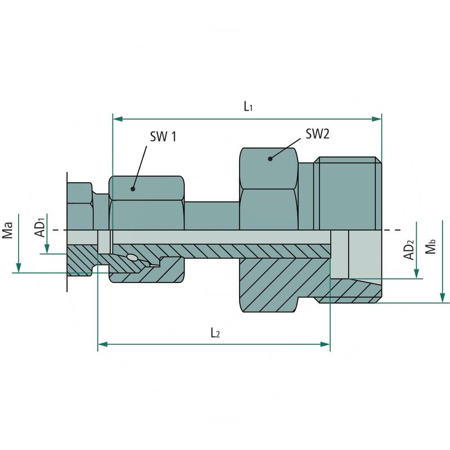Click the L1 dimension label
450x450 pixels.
pyautogui.click(x=247, y=106)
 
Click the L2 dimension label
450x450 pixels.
pyautogui.click(x=215, y=333)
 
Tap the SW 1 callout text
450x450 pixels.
pyautogui.click(x=163, y=136)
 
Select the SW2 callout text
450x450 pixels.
pyautogui.click(x=317, y=134)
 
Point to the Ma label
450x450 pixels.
pyautogui.click(x=8, y=230)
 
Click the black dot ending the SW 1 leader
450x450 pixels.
pyautogui.click(x=134, y=188)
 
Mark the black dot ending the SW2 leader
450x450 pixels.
pyautogui.click(x=270, y=159)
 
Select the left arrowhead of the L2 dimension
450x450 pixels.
pyautogui.click(x=102, y=344)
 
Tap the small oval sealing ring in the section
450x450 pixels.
pyautogui.click(x=132, y=258)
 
